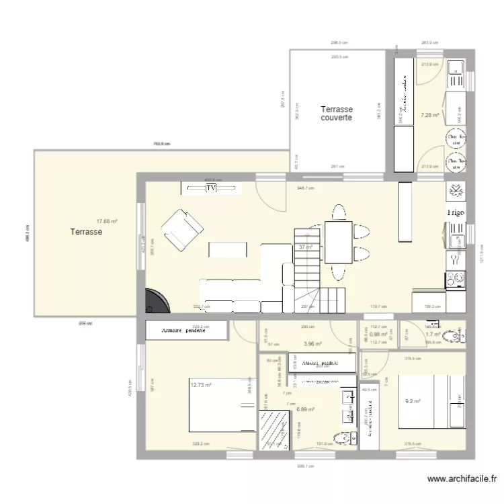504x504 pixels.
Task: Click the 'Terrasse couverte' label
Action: (x=337, y=114)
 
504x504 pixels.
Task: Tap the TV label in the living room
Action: (x=212, y=189)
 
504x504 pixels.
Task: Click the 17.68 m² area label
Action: (x=107, y=221)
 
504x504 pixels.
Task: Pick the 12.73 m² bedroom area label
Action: (x=201, y=386)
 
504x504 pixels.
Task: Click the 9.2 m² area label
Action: (x=413, y=402)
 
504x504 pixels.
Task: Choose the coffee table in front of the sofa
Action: (x=228, y=249)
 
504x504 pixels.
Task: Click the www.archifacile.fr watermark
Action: (x=462, y=479)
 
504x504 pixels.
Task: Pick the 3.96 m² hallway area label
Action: (x=313, y=344)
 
